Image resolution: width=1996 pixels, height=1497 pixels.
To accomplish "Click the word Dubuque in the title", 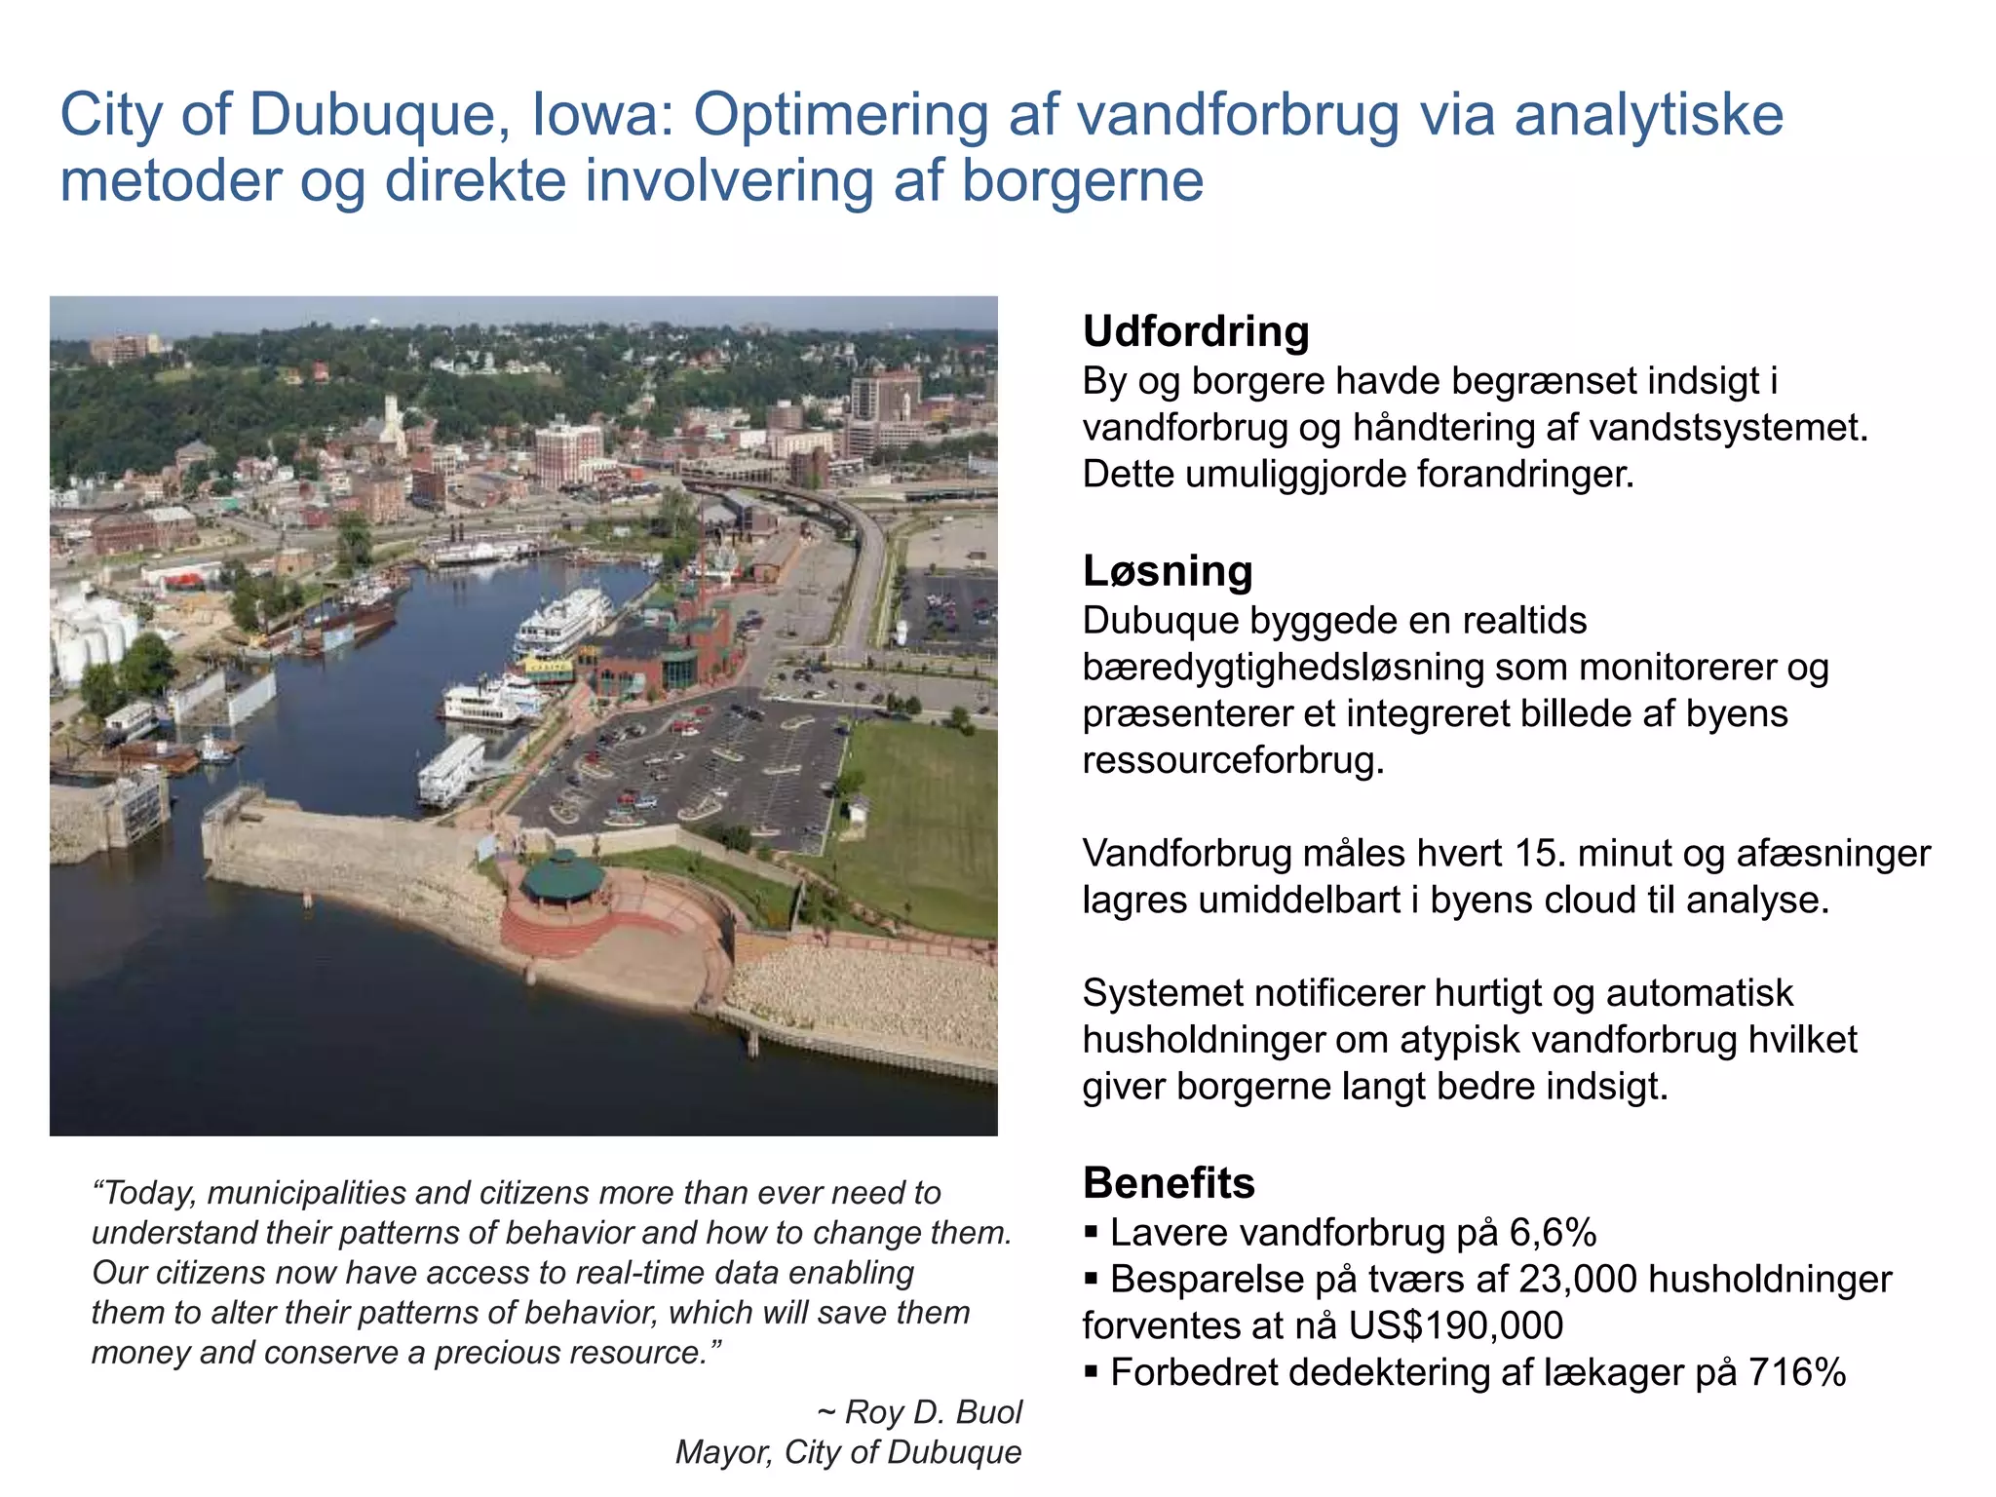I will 373,115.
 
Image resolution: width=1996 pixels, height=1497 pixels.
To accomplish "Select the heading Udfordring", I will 1196,331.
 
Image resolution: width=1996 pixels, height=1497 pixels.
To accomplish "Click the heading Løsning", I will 1168,571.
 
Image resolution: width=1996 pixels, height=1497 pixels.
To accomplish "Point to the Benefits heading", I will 1169,1183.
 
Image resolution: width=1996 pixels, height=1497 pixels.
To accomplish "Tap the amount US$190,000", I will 1456,1326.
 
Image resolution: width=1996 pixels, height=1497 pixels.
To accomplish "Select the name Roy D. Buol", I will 933,1412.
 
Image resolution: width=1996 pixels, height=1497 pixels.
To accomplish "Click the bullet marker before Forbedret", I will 1092,1373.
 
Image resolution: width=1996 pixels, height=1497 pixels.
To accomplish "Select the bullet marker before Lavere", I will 1092,1233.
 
